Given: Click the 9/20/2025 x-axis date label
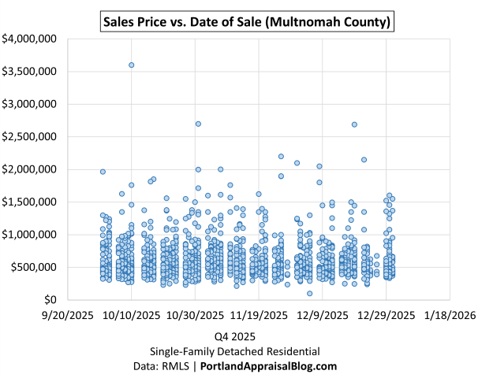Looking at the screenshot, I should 67,316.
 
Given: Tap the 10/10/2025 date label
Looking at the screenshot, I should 131,316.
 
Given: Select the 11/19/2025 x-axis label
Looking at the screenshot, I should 259,316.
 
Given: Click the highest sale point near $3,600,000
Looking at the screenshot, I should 131,65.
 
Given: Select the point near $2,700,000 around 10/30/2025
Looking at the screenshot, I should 198,124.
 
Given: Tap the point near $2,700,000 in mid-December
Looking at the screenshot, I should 354,124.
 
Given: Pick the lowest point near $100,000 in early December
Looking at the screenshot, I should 309,294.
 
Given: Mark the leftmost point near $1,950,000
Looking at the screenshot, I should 103,172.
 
